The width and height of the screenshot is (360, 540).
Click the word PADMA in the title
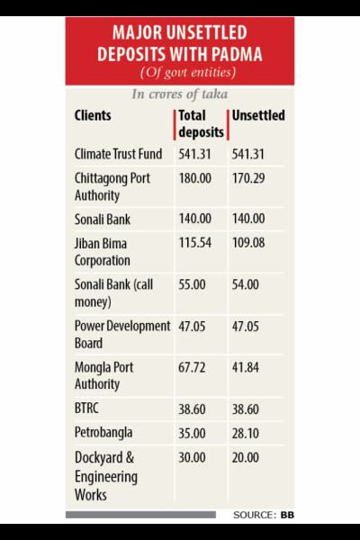[x=237, y=54]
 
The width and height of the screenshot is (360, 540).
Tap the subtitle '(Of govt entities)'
[x=188, y=73]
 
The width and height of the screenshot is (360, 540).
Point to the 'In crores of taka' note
[x=179, y=94]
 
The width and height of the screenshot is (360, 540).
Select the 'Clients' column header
[x=93, y=115]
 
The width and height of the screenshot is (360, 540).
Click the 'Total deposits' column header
[x=201, y=124]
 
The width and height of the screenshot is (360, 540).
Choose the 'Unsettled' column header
[x=258, y=115]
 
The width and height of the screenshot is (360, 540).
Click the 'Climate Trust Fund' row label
[x=118, y=154]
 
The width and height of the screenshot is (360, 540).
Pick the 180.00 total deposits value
[x=194, y=178]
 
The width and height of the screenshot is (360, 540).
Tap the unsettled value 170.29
[x=248, y=178]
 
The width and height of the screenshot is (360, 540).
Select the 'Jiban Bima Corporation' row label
[x=103, y=252]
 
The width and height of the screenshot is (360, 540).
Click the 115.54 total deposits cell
[x=194, y=243]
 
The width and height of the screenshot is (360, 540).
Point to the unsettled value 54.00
[x=245, y=284]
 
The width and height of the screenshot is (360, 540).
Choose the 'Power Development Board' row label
[x=122, y=335]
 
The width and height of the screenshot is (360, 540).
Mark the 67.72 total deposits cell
[x=192, y=367]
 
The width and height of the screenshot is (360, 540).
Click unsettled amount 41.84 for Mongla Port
[x=245, y=367]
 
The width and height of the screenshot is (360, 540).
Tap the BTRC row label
[x=86, y=409]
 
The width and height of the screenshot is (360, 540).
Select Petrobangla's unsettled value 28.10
[x=245, y=433]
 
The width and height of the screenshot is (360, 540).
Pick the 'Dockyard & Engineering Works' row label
[x=106, y=476]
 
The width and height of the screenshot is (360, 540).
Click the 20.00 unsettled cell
[x=245, y=458]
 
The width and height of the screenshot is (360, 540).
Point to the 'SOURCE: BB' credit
[x=264, y=515]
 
